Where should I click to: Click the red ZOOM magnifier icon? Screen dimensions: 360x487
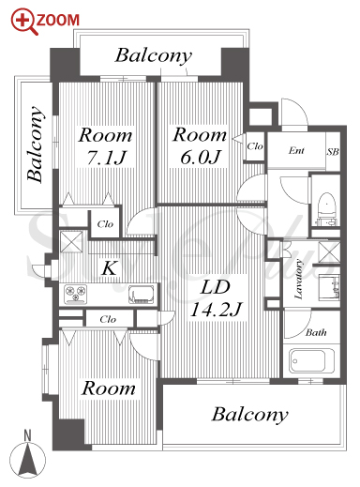tap(24, 22)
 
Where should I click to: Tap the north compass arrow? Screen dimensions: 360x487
tap(27, 457)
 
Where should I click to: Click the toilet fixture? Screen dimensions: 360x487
tap(326, 208)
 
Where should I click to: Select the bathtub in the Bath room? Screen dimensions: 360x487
tap(307, 361)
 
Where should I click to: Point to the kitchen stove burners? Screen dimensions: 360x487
tap(75, 295)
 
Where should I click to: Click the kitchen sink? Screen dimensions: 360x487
tap(142, 295)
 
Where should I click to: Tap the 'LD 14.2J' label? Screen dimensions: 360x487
tap(216, 298)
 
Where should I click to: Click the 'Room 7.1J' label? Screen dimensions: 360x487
tap(105, 145)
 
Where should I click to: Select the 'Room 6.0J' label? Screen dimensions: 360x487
tap(200, 145)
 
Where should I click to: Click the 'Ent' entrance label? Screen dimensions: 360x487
tap(296, 151)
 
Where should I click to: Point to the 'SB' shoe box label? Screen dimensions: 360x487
tap(333, 152)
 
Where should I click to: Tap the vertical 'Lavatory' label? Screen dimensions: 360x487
tap(299, 279)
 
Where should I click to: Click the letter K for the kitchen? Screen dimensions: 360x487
tap(110, 268)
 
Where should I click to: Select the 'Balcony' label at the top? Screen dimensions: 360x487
tap(154, 56)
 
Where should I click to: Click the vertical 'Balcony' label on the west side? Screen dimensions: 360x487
tap(36, 145)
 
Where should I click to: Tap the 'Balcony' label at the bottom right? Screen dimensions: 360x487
tap(249, 415)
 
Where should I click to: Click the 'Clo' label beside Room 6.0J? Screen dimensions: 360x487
tap(255, 146)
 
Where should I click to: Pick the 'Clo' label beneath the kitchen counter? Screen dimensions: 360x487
tap(108, 319)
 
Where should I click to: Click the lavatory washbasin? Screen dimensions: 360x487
tap(329, 286)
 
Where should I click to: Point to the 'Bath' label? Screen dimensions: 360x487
tap(316, 332)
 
